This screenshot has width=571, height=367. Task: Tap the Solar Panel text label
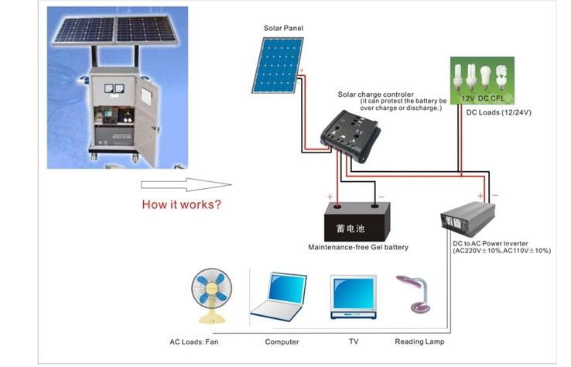282,28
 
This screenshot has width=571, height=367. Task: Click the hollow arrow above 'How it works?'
186,184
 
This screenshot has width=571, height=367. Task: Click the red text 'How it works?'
181,206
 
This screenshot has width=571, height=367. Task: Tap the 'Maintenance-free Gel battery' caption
358,248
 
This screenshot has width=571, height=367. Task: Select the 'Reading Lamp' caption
419,341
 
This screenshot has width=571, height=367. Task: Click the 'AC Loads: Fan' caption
194,341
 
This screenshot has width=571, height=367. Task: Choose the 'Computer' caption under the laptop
282,341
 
